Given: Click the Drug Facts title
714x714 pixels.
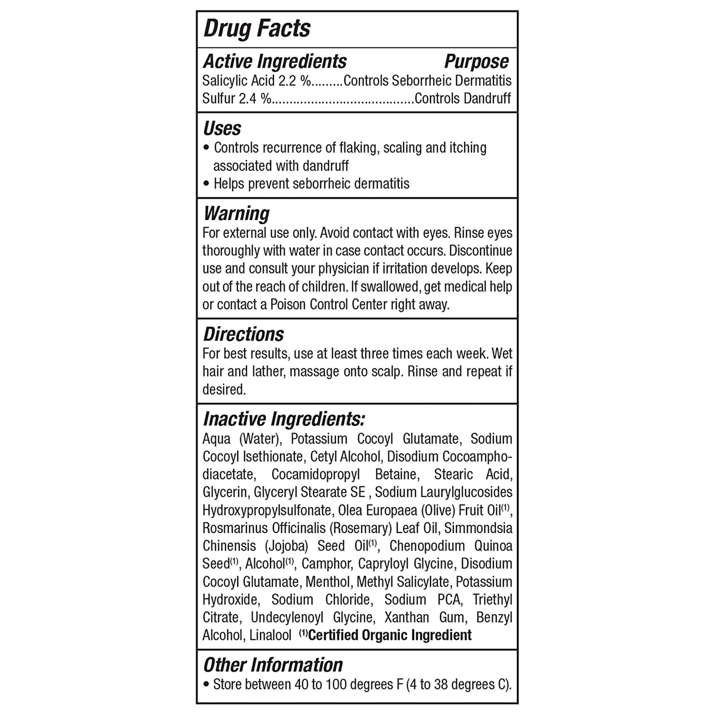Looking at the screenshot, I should coord(257,28).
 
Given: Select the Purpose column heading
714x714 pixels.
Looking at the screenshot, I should coord(476,61).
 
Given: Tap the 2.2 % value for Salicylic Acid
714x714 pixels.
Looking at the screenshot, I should coord(294,81).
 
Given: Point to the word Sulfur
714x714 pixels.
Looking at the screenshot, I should coord(218,98).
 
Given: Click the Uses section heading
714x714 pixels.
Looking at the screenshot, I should coord(222,128).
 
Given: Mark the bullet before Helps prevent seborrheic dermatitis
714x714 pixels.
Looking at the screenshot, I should coord(207,184).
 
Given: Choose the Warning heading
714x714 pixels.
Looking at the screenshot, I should coord(236,213).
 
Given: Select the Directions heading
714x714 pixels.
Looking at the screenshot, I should coord(244,334).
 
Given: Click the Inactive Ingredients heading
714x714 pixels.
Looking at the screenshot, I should coord(284,419).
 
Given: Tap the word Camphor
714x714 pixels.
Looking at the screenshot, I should coord(327,564).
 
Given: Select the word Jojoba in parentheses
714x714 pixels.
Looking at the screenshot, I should coord(287,546).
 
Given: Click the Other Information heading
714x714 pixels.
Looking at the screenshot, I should coord(273,665).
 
